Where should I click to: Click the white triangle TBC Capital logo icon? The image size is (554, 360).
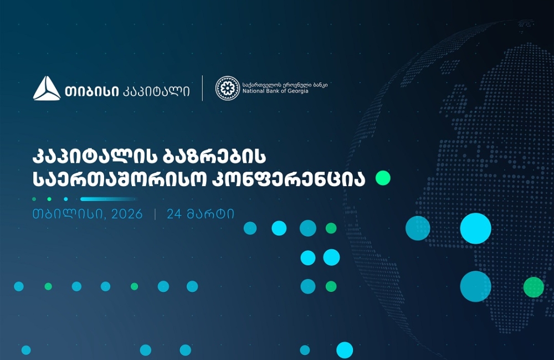point(47,89)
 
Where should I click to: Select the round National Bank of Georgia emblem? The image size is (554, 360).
point(227,88)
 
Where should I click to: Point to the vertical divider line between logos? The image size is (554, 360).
point(202,88)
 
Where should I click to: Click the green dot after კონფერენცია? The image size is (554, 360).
point(383,178)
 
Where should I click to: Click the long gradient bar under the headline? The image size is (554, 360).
point(109,199)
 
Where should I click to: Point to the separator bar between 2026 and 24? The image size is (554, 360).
point(155,214)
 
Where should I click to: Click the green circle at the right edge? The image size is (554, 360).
point(534,287)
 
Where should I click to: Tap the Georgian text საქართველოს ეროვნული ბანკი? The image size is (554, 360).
point(285,84)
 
